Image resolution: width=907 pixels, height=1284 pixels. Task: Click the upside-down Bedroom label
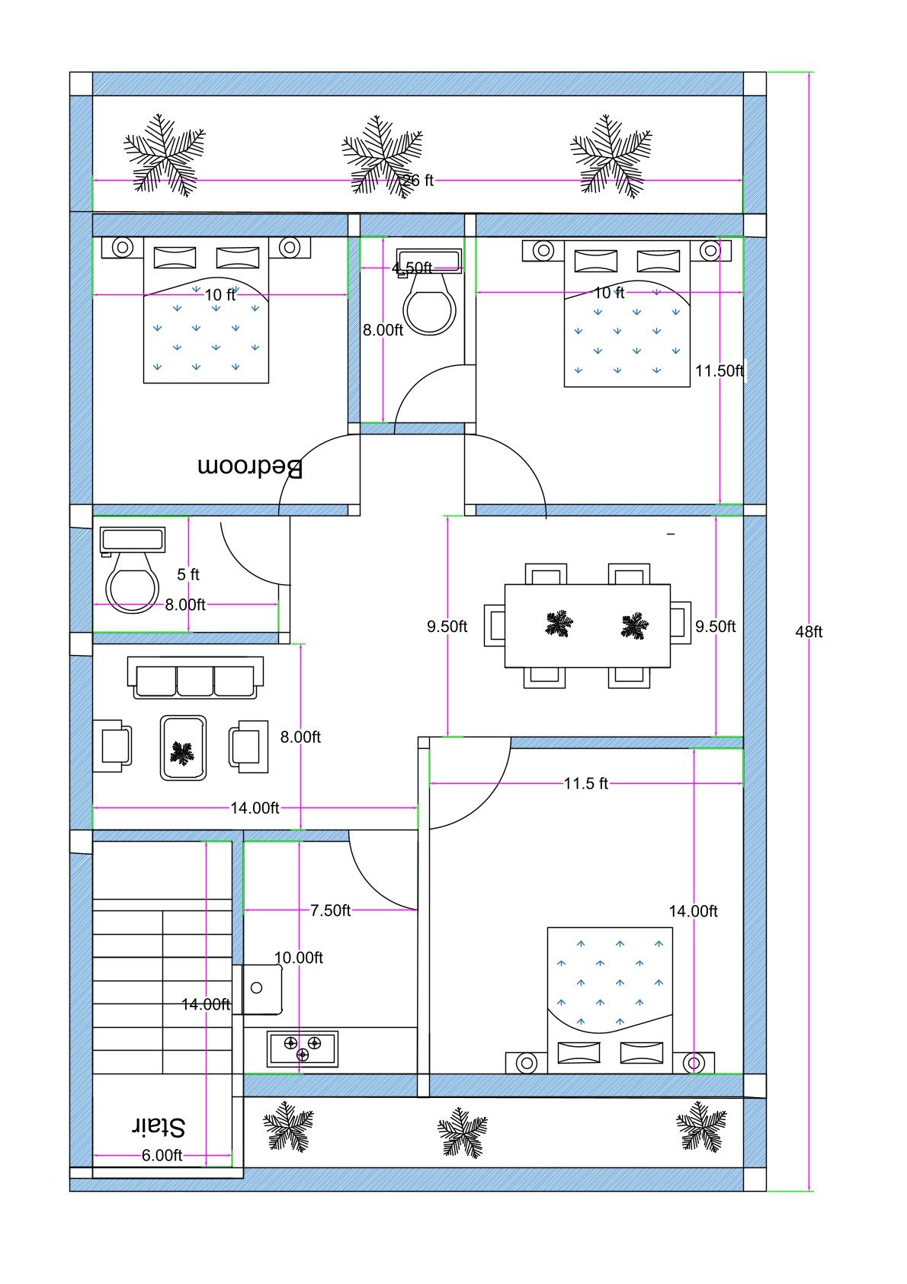[250, 467]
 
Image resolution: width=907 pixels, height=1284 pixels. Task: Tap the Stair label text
[159, 1126]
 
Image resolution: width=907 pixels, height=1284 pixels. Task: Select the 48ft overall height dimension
[808, 632]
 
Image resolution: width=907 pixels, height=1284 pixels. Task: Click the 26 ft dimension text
[418, 181]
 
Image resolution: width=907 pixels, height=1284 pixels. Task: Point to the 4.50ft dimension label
[412, 268]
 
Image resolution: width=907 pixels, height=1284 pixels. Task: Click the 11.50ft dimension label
[719, 371]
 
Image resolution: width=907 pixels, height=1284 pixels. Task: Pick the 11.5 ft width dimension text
[585, 784]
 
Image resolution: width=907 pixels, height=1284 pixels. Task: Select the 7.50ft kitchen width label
[330, 910]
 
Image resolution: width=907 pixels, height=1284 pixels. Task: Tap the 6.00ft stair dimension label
[162, 1156]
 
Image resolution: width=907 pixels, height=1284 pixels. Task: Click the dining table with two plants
[588, 626]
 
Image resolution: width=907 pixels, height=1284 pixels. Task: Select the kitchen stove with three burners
[302, 1048]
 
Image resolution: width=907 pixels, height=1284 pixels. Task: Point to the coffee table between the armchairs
[183, 748]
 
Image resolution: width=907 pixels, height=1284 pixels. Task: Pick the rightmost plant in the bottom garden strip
[701, 1125]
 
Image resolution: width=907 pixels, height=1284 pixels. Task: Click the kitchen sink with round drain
[258, 988]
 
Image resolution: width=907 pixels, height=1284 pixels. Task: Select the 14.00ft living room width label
[255, 808]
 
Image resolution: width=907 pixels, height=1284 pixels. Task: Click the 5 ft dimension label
[188, 574]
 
